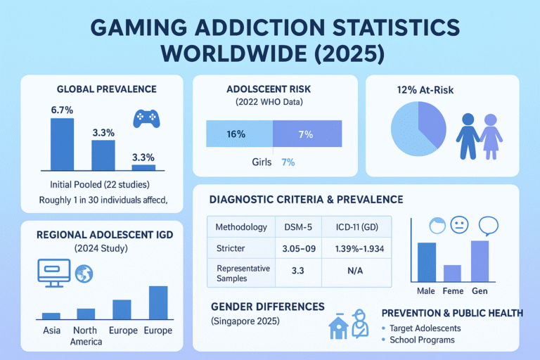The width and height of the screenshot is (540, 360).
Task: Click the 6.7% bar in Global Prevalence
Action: [62, 144]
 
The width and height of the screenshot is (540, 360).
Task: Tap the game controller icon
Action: [146, 117]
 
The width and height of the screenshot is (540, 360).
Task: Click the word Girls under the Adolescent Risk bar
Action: [261, 162]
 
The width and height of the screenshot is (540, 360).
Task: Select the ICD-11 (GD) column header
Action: [355, 227]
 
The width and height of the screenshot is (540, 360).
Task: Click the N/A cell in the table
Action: [355, 271]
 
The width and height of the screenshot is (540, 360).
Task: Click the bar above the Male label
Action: [427, 262]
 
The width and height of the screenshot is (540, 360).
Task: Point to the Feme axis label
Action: [454, 290]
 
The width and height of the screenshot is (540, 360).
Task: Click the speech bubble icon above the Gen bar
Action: [487, 226]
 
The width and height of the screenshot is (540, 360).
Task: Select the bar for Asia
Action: [51, 316]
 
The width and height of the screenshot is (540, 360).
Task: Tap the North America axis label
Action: [86, 335]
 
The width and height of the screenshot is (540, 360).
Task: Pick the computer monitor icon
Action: [53, 271]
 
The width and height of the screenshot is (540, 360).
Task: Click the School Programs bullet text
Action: [422, 340]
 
